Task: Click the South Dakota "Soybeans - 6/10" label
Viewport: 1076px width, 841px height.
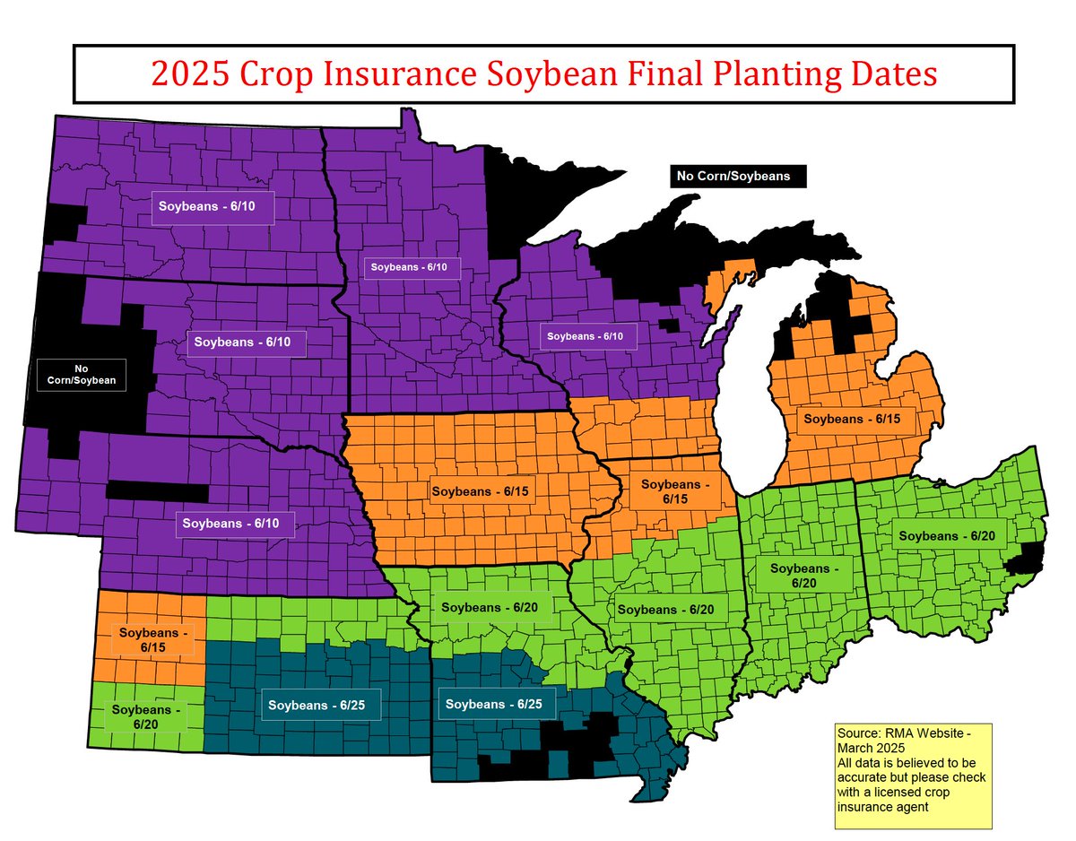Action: coord(248,342)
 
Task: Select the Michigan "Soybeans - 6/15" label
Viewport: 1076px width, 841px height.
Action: coord(846,418)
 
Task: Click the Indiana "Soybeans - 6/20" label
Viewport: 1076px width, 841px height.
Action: coord(800,575)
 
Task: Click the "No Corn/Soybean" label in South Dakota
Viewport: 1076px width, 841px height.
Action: coord(76,375)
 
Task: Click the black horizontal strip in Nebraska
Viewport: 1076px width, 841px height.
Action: coord(158,491)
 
